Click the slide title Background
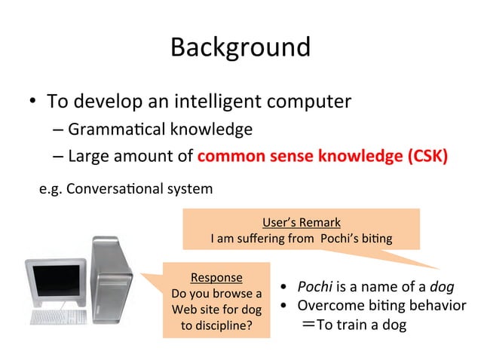(240, 47)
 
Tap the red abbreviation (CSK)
(427, 157)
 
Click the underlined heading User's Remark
(301, 222)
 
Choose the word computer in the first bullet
(310, 101)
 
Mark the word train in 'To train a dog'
(352, 325)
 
